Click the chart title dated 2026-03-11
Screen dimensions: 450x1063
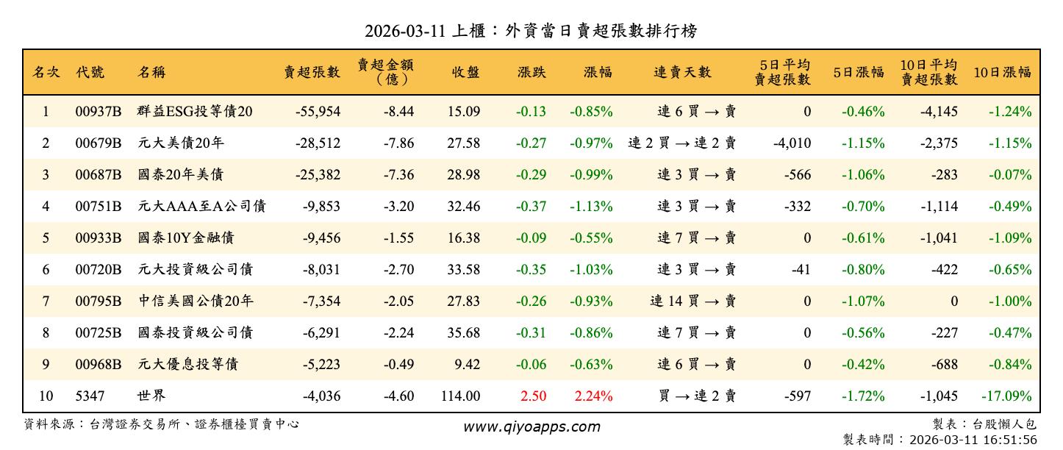tap(531, 32)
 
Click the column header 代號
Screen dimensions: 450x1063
tap(90, 72)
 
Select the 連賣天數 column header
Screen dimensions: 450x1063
tap(682, 72)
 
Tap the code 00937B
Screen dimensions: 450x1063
tap(98, 112)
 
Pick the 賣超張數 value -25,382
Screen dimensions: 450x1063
tap(318, 175)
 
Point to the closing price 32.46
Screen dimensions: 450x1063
tap(463, 207)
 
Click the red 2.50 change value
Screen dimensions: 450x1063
tap(533, 396)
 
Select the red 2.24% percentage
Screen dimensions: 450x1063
tap(593, 396)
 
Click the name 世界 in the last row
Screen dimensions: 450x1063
tap(151, 396)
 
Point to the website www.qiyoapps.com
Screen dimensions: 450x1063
tap(531, 426)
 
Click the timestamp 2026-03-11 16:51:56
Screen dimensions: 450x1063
tap(973, 440)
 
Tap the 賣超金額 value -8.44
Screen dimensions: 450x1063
tap(398, 112)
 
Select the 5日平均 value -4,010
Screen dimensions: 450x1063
tap(792, 143)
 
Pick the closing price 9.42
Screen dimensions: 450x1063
tap(468, 365)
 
